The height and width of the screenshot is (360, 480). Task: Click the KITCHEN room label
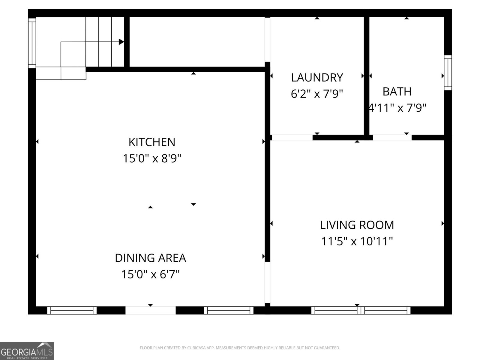(152, 142)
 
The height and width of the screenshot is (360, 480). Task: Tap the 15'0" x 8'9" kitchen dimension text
(152, 158)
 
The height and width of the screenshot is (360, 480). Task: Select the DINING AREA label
(150, 258)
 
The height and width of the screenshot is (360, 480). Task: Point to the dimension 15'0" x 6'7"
(150, 274)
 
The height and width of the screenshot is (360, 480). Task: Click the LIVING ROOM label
(357, 225)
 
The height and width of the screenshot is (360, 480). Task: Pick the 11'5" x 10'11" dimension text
(357, 241)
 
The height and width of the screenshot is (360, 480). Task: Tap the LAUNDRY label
(317, 78)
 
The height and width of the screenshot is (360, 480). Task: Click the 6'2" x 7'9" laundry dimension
(317, 94)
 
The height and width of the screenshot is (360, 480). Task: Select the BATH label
(397, 91)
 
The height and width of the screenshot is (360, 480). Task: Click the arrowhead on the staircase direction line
(121, 42)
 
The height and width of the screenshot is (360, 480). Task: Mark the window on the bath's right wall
(448, 73)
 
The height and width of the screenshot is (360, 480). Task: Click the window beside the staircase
(32, 43)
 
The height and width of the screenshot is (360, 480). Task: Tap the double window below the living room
(361, 310)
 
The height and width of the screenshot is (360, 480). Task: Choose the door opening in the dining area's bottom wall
(150, 310)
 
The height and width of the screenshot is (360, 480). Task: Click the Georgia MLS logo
(27, 351)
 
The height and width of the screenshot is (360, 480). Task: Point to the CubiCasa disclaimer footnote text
(240, 348)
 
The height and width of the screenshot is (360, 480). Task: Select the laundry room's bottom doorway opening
(292, 138)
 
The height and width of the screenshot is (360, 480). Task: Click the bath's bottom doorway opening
(392, 138)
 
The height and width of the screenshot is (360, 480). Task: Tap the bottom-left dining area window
(72, 310)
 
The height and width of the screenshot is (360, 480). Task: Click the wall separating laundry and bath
(366, 75)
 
